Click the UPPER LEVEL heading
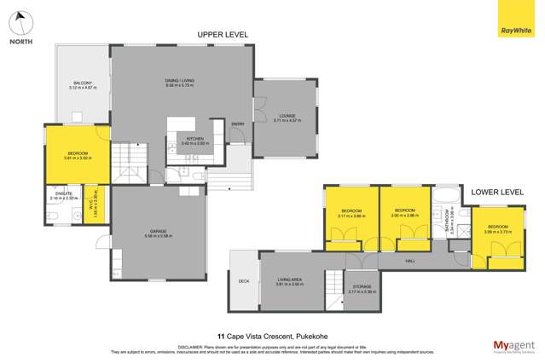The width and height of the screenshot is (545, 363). click(x=222, y=34)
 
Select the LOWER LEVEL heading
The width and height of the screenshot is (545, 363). click(x=497, y=193)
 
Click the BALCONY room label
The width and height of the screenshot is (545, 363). click(x=82, y=85)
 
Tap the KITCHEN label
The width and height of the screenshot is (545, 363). click(x=195, y=141)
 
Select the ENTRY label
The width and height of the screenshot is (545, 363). click(x=238, y=124)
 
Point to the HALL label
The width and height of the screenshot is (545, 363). click(x=409, y=260)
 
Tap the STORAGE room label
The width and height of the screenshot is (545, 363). click(x=351, y=288)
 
